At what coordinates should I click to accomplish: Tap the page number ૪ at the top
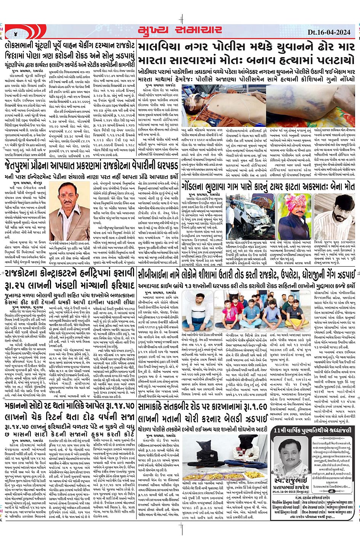(16, 33)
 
